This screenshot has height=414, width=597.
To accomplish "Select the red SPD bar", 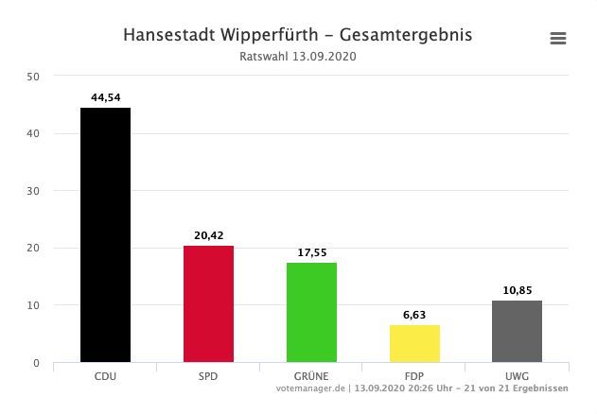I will point(208,303).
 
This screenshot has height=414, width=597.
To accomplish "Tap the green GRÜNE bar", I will point(311,312).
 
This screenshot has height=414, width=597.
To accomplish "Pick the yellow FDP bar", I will point(414,343).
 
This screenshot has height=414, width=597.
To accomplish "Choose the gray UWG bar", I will point(517,331).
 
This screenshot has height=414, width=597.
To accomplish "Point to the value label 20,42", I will point(208,233).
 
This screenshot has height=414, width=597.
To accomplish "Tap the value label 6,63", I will point(414,313).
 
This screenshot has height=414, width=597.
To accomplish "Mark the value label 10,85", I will point(517,288).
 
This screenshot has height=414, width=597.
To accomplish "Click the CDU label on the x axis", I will point(105,376).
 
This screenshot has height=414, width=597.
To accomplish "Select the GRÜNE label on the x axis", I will point(311,376).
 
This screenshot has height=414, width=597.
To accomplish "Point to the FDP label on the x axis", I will point(414,376).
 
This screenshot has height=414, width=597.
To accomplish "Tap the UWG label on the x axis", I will point(517,376).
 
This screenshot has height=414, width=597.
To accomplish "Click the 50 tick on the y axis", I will point(33,77).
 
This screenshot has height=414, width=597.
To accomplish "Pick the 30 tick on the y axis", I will point(33,191).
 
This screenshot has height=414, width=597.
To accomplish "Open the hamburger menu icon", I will point(558,39).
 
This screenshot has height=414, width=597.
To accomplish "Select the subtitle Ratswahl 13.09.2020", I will point(298,57).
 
